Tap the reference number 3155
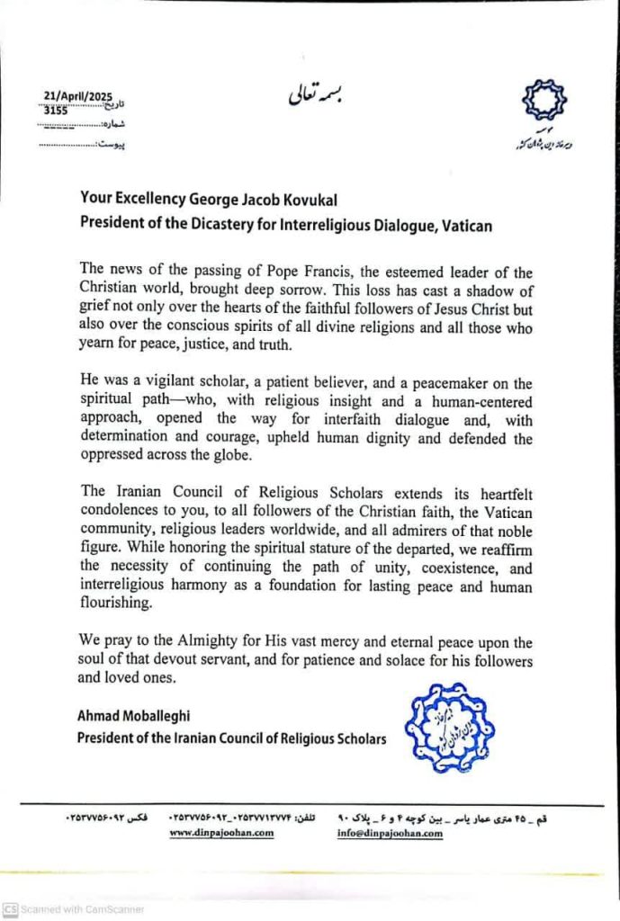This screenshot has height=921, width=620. tap(56, 111)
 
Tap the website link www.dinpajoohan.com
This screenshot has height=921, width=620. tap(220, 834)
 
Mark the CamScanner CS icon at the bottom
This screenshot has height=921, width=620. tap(11, 909)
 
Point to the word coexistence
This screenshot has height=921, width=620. tap(446, 568)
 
